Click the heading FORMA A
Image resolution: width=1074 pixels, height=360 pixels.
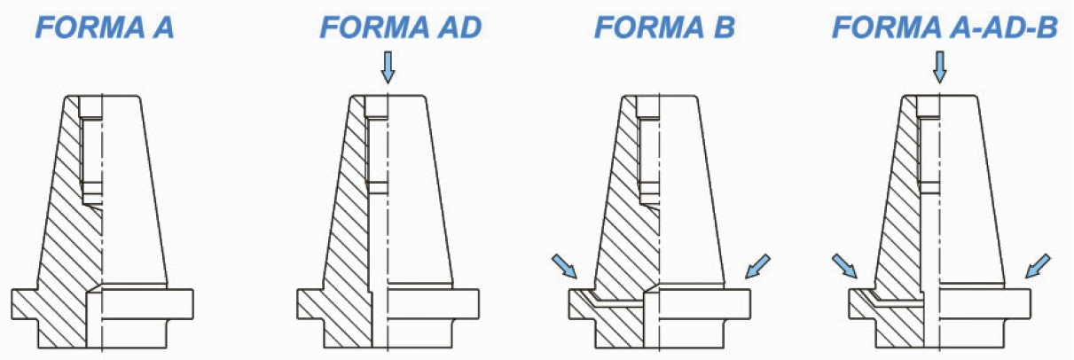click(x=105, y=27)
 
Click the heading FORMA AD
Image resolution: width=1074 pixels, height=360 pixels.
click(x=401, y=27)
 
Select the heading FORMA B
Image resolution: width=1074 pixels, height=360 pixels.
click(x=664, y=27)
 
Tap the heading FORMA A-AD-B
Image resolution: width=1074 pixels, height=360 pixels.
click(x=945, y=27)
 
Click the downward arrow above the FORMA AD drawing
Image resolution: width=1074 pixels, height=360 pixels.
click(x=388, y=67)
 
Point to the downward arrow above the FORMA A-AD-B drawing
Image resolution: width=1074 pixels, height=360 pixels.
click(x=940, y=67)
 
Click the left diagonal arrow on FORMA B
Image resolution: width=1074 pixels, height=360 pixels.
click(x=564, y=267)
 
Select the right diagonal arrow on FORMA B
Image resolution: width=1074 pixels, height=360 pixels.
click(x=757, y=267)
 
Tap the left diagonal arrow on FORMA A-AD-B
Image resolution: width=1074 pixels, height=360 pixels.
click(x=844, y=267)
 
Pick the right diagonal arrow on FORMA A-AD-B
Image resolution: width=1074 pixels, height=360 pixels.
click(x=1038, y=267)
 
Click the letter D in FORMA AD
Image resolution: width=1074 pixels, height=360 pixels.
click(x=470, y=27)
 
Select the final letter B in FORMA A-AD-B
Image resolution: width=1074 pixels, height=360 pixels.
click(x=1047, y=27)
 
